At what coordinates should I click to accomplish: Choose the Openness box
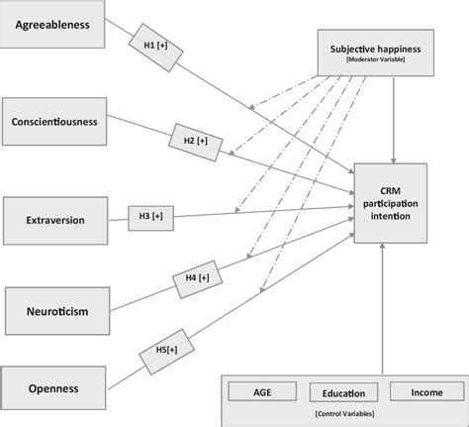click(x=52, y=388)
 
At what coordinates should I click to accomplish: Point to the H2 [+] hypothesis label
click(x=194, y=142)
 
